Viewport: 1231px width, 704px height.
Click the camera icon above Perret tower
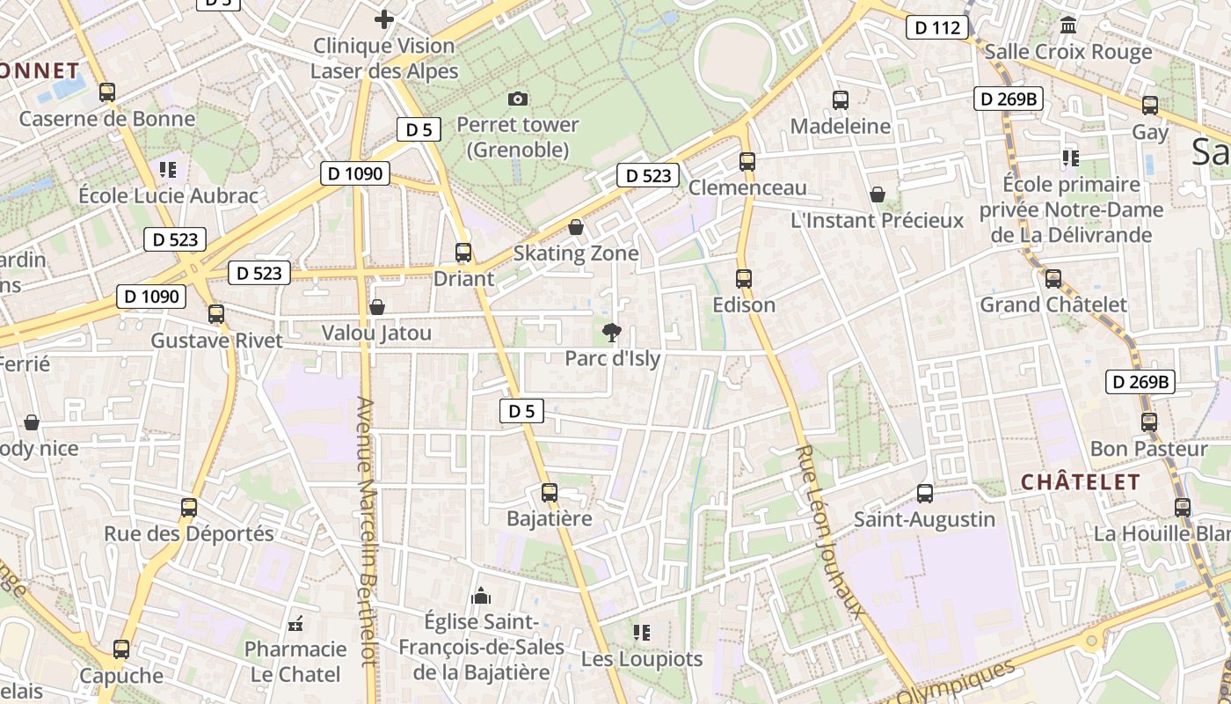click(x=518, y=99)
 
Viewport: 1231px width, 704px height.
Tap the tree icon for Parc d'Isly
click(x=611, y=332)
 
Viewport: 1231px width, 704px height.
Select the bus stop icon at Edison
click(x=744, y=279)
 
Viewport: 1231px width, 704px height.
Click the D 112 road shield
click(x=937, y=27)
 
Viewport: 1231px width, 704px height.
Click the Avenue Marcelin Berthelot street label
click(x=368, y=544)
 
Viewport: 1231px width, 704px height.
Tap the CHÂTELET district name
click(x=1080, y=482)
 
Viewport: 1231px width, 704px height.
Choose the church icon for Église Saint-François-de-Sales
click(x=480, y=596)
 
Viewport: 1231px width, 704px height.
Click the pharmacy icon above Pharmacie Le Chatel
click(x=295, y=624)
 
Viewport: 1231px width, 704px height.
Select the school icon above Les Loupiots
click(x=641, y=632)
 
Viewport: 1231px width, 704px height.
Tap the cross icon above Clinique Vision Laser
click(x=384, y=18)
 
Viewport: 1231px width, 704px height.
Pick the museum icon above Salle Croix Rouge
click(x=1068, y=25)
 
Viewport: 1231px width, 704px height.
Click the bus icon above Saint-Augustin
click(x=924, y=493)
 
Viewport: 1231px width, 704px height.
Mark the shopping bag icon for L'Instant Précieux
click(x=877, y=194)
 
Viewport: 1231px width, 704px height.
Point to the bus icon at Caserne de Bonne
click(x=107, y=92)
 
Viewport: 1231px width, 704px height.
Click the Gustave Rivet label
click(x=216, y=341)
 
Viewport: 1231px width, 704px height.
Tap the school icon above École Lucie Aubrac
click(x=168, y=169)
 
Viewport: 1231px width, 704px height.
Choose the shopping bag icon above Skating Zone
click(x=576, y=227)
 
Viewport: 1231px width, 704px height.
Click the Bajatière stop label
click(x=550, y=518)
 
